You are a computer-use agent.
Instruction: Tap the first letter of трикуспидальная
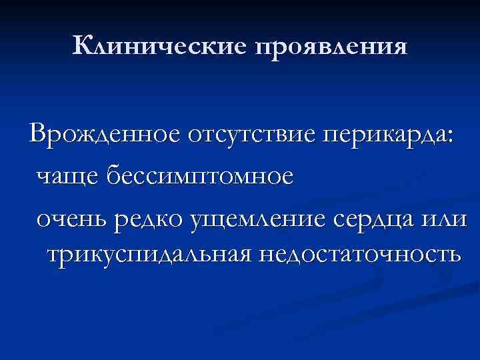pos(53,254)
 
